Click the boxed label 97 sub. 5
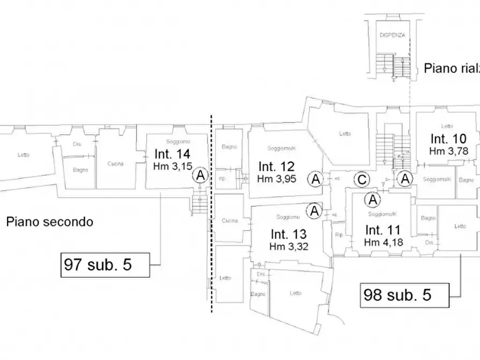pos(98,264)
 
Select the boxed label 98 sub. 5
pos(398,294)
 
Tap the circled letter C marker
pos(363,179)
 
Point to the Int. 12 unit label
pos(276,165)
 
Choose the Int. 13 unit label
pos(288,234)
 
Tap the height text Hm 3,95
pos(276,178)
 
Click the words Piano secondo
pos(50,221)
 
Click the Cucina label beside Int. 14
pos(115,164)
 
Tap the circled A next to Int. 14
pos(200,175)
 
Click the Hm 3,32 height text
pos(288,247)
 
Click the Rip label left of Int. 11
pos(339,235)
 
